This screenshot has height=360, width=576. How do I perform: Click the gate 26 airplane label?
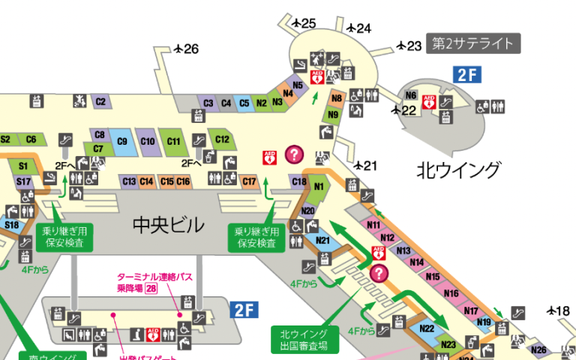[x=186, y=49]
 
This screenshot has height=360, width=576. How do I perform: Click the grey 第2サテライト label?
[x=473, y=44]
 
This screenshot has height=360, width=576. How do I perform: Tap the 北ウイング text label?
[x=458, y=170]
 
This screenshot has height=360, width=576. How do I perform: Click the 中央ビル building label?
[x=168, y=224]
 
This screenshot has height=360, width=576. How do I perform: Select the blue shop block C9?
[x=122, y=142]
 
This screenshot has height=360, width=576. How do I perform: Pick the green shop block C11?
[x=173, y=141]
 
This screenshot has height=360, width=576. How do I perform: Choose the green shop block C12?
[x=222, y=139]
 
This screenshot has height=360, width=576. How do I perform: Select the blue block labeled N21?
[x=322, y=241]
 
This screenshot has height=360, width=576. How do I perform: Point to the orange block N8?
[x=337, y=98]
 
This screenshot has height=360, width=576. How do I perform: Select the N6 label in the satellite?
[x=410, y=95]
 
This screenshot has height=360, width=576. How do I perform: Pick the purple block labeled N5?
[x=298, y=85]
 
